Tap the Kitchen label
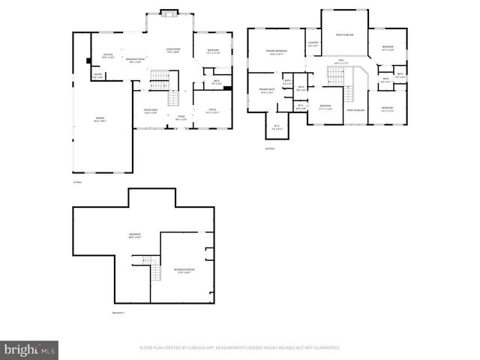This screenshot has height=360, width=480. [107, 55]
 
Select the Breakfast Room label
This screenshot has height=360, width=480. [136, 61]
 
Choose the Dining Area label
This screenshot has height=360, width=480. [150, 111]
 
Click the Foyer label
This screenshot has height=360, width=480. [181, 117]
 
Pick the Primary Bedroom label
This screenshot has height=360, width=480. [277, 52]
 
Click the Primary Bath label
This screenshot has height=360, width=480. [267, 91]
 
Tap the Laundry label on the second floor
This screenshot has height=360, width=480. [313, 43]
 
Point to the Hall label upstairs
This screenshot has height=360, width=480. [340, 61]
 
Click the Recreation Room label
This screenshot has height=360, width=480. [184, 270]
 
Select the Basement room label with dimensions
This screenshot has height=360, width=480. [135, 237]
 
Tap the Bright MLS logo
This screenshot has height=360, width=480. [30, 349]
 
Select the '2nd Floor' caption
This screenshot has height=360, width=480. [270, 148]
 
